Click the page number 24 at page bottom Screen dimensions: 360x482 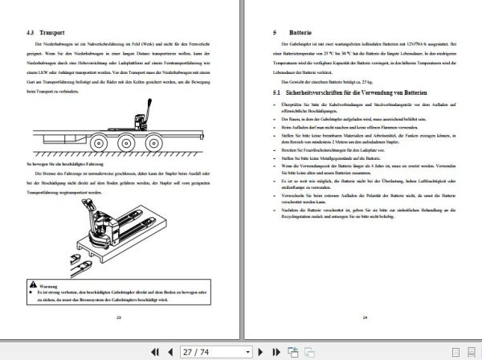(363, 318)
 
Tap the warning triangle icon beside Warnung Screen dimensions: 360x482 (31, 284)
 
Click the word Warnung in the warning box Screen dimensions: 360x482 (47, 284)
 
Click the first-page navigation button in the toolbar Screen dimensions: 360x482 (153, 350)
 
